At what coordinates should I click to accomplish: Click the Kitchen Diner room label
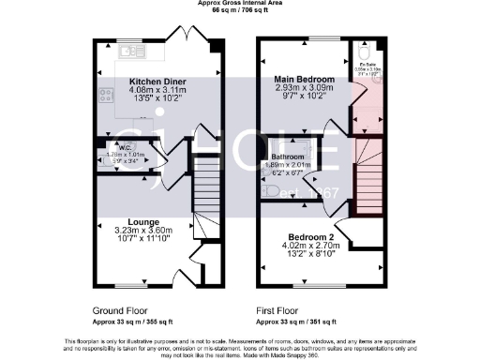click(157, 82)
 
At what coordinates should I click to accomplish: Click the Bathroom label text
click(286, 156)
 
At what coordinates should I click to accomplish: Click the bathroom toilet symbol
click(271, 190)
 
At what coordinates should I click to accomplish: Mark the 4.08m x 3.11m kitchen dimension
click(157, 90)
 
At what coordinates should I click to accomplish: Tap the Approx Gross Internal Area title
click(238, 3)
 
